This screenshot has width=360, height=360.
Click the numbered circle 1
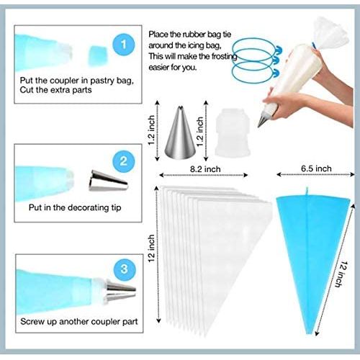pos(124,45)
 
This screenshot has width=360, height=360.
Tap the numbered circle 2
pos(124,161)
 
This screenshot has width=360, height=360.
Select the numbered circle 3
pos(124,269)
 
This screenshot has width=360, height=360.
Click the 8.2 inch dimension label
pos(205,169)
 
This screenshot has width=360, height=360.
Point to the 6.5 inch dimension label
pos(316,168)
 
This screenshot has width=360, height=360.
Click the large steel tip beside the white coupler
pos(180,132)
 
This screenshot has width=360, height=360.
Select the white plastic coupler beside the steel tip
pos(233,132)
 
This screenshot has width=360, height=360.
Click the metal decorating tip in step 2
pos(108,181)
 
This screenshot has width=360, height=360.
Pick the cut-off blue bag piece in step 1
pos(98,56)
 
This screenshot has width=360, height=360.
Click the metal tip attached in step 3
pos(120,291)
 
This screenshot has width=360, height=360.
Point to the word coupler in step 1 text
pos(66,81)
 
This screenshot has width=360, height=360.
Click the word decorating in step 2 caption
pos(87,207)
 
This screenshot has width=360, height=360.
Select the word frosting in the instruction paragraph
pos(224,57)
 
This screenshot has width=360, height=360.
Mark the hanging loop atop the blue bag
pos(307,192)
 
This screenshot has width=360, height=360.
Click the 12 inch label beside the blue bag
pos(341,274)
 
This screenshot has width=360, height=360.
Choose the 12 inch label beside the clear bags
pos(151,248)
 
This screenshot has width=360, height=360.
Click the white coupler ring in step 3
pos(99,291)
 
